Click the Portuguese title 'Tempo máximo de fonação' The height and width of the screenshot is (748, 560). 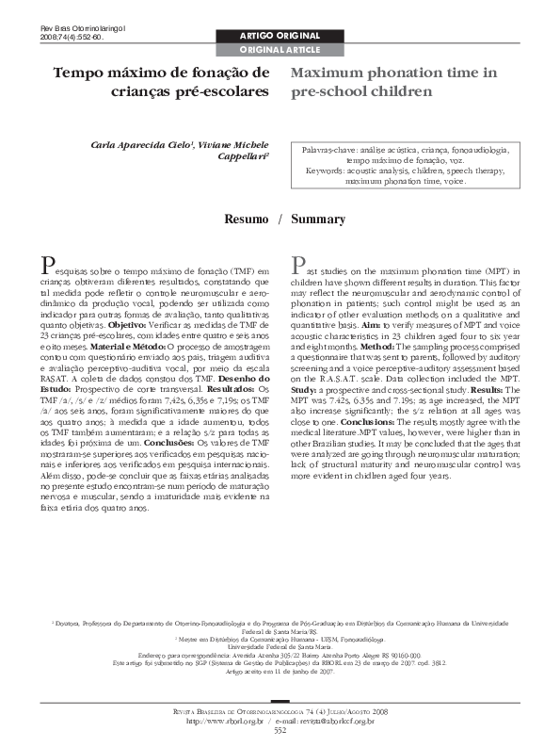(161, 72)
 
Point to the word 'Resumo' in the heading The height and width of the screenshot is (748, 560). (246, 219)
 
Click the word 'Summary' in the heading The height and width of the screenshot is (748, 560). (318, 219)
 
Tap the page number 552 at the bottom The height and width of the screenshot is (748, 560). (280, 730)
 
